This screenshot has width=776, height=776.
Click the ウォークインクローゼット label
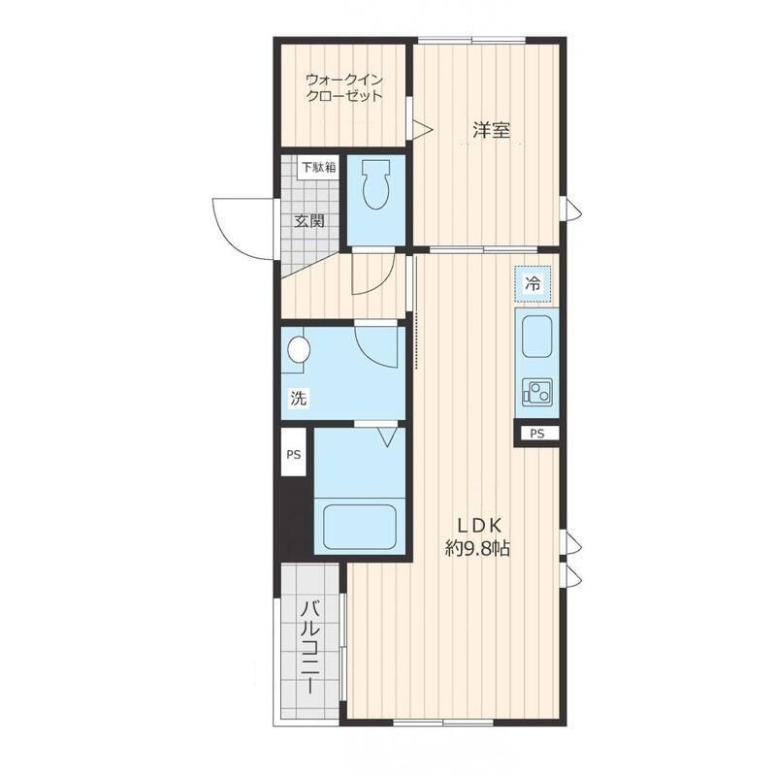pyautogui.click(x=344, y=87)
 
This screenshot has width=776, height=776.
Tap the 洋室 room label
pyautogui.click(x=491, y=130)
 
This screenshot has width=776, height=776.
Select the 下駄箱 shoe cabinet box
pyautogui.click(x=319, y=167)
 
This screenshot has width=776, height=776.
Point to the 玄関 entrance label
pyautogui.click(x=309, y=221)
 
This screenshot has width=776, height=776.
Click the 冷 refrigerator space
pyautogui.click(x=533, y=284)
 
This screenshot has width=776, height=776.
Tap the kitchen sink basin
pyautogui.click(x=536, y=336)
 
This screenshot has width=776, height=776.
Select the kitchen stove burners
pyautogui.click(x=537, y=392)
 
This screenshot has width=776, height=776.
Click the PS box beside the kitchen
pyautogui.click(x=537, y=434)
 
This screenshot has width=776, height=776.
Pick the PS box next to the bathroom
pyautogui.click(x=294, y=453)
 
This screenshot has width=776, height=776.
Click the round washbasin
pyautogui.click(x=299, y=350)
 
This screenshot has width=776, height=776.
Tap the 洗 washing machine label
pyautogui.click(x=298, y=398)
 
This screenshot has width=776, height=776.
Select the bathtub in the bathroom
pyautogui.click(x=359, y=528)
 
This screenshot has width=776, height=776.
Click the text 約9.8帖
pyautogui.click(x=477, y=548)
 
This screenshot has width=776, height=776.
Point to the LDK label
pyautogui.click(x=479, y=525)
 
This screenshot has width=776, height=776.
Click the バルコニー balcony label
pyautogui.click(x=310, y=647)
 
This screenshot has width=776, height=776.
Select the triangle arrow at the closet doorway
pyautogui.click(x=423, y=130)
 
